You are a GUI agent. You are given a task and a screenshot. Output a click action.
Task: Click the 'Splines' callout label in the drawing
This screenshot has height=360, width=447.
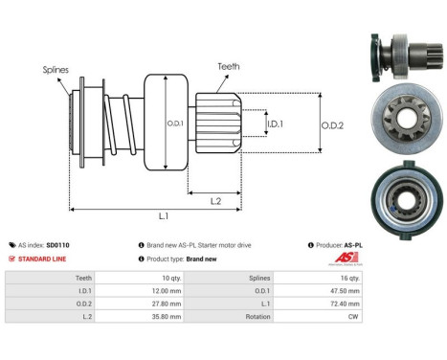[x=56, y=70]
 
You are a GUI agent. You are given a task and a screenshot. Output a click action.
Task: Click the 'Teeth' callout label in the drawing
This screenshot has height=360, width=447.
[x=228, y=67]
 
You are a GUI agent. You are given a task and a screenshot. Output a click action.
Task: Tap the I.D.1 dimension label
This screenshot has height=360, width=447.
[x=275, y=124]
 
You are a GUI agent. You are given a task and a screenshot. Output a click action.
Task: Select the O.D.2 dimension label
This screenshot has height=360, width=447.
[x=333, y=123]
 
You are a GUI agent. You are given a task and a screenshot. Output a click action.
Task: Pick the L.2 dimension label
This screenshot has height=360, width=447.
[x=216, y=200]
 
